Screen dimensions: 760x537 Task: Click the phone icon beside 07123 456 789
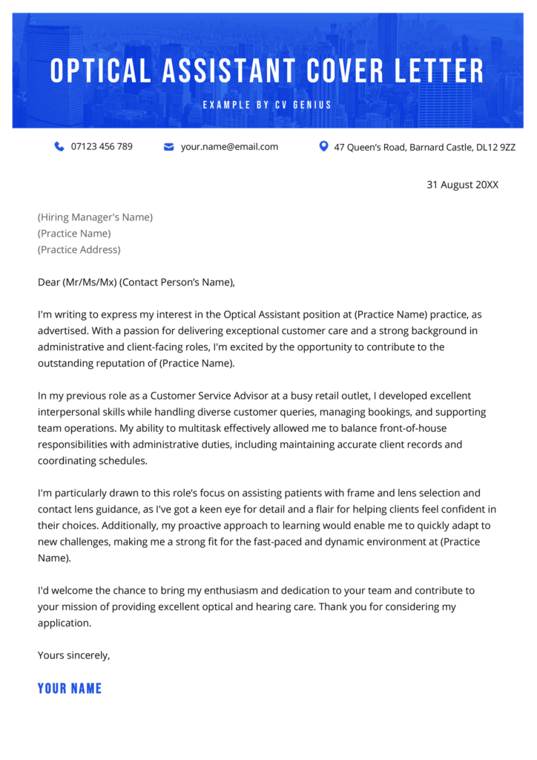59,147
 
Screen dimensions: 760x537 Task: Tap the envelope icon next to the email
168,147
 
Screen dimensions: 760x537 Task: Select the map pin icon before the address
323,146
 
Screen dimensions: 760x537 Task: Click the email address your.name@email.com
229,147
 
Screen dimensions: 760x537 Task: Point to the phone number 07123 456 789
102,147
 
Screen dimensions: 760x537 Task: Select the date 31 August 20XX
462,185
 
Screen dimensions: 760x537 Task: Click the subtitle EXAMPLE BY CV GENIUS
268,105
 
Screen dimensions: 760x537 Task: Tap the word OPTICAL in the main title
100,71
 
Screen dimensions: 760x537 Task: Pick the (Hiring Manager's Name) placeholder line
95,217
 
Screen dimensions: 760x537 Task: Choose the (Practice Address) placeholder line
79,250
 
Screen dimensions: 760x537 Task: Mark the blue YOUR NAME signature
70,688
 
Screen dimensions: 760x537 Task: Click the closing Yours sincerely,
73,655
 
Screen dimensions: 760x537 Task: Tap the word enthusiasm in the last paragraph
240,591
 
